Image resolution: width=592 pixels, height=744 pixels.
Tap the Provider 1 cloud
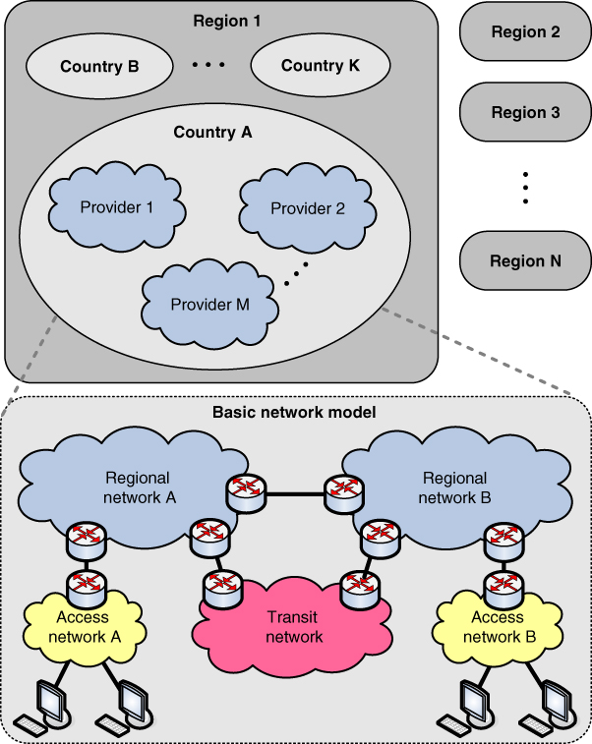pyautogui.click(x=117, y=207)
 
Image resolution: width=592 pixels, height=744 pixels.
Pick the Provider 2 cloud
pyautogui.click(x=308, y=207)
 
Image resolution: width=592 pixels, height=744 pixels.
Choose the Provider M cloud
pyautogui.click(x=209, y=304)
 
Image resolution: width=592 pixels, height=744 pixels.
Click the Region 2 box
pyautogui.click(x=525, y=32)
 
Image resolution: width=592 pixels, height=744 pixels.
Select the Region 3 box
pyautogui.click(x=525, y=112)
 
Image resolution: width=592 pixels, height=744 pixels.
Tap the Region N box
pyautogui.click(x=525, y=261)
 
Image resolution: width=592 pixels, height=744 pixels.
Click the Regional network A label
pyautogui.click(x=137, y=487)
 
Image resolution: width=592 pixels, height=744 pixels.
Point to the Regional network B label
pyautogui.click(x=454, y=487)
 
